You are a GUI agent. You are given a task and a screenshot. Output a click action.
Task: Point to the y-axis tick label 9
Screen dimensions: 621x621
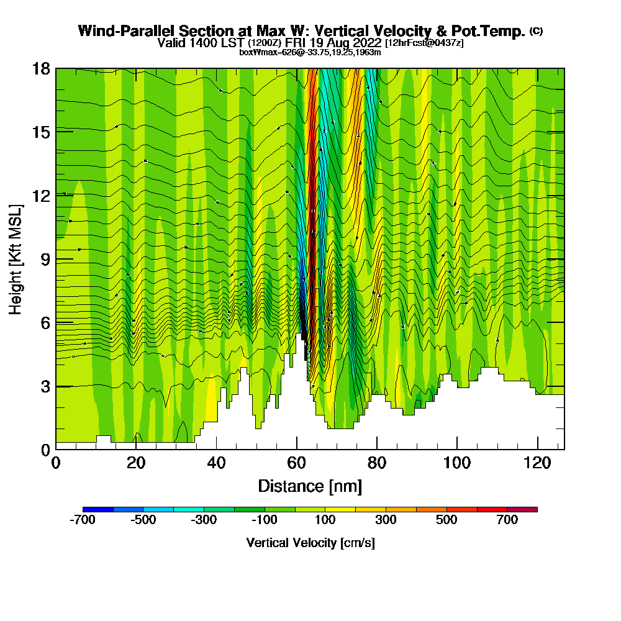[45, 259]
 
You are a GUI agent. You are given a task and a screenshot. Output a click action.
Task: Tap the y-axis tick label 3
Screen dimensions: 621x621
[45, 386]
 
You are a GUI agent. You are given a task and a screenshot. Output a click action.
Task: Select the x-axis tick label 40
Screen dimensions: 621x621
[216, 463]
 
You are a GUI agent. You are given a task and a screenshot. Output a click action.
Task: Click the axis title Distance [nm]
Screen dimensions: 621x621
[310, 486]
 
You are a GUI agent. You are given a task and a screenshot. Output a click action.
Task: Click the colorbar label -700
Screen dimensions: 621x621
[83, 520]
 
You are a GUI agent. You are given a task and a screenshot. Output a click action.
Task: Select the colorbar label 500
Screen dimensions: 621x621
[446, 520]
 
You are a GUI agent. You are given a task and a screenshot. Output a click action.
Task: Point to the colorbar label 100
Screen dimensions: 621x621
[325, 520]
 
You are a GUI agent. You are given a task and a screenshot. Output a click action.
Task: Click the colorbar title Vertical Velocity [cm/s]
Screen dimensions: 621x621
[310, 543]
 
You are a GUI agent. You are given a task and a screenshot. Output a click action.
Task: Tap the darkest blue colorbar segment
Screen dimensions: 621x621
[98, 509]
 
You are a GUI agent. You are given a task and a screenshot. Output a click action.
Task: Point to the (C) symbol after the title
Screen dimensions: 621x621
[536, 31]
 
